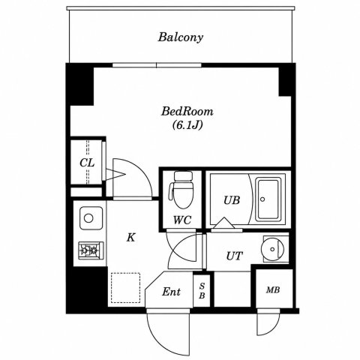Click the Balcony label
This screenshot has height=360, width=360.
click(181, 37)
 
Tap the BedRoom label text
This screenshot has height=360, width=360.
click(187, 112)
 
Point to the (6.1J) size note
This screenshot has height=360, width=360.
click(187, 125)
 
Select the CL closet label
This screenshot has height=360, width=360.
click(87, 163)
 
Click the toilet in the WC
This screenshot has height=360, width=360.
click(182, 190)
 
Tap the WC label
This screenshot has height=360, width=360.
click(182, 220)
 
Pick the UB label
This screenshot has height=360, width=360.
click(232, 200)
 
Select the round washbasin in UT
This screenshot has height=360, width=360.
click(273, 249)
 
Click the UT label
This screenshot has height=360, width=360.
click(235, 256)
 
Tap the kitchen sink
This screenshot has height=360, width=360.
click(91, 218)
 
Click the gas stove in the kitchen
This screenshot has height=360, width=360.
click(91, 250)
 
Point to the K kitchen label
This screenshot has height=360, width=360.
click(130, 238)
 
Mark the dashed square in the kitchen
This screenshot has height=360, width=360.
click(125, 288)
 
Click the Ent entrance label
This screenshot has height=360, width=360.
click(171, 292)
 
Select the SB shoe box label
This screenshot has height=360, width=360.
click(202, 290)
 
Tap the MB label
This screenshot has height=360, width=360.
click(273, 290)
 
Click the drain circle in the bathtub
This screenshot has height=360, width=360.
click(262, 199)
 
